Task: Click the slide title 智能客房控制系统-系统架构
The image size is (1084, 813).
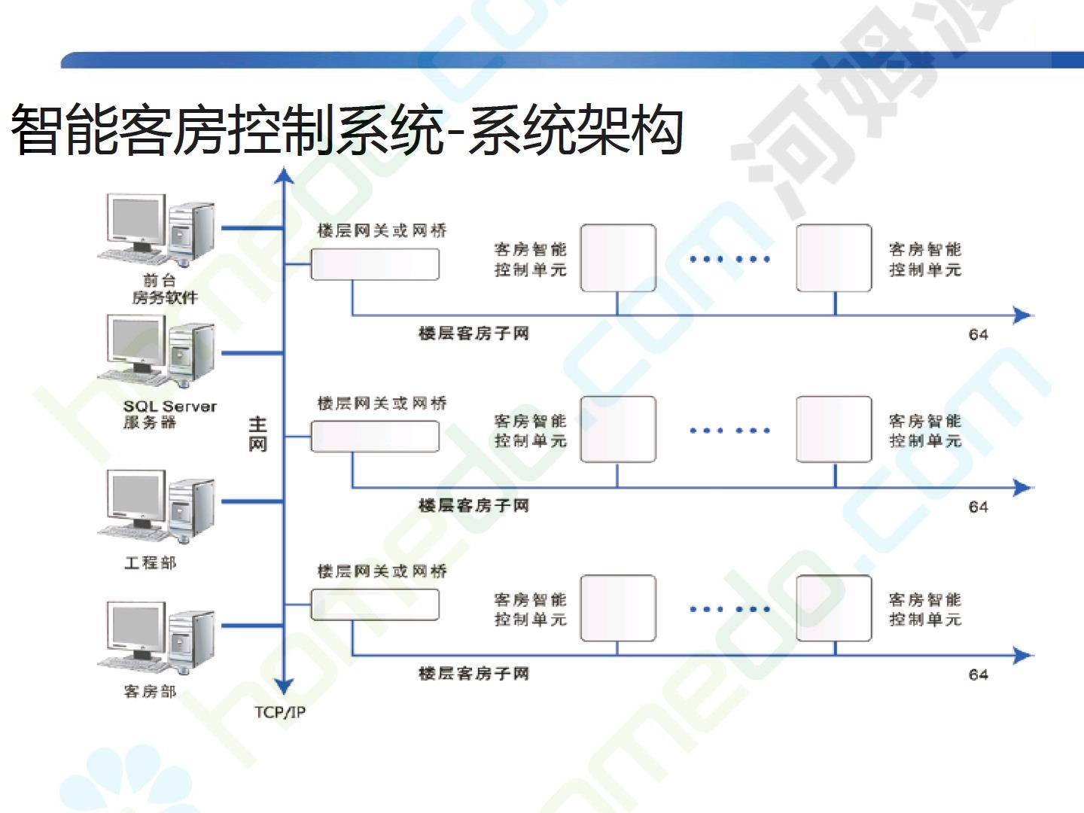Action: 346,130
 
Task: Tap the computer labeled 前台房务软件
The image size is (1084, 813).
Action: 157,227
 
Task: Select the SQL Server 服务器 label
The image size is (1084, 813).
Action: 169,414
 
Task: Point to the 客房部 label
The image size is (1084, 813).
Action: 150,691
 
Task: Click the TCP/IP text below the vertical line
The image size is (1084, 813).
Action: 280,712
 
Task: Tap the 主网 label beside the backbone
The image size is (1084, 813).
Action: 257,434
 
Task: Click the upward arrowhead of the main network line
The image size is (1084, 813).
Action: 284,176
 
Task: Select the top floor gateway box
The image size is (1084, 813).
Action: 375,264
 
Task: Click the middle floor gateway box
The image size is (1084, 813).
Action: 375,437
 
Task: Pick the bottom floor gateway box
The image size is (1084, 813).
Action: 375,604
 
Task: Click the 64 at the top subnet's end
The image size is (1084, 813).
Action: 978,334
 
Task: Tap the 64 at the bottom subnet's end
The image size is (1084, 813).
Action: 978,674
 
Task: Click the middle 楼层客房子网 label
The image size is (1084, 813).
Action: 473,506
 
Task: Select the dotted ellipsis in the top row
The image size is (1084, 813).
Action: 729,259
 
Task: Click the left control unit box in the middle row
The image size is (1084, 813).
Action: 618,429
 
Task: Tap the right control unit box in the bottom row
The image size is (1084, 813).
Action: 834,608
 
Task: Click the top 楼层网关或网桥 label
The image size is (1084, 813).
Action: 382,230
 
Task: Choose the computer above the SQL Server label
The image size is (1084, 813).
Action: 157,351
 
